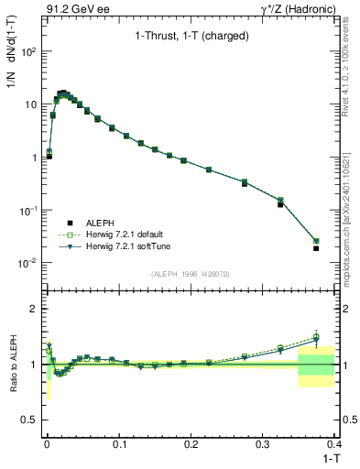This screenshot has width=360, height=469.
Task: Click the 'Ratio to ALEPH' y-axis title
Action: [12, 365]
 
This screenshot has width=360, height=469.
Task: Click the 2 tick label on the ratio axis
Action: [34, 309]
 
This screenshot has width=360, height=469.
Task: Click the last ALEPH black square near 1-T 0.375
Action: [316, 248]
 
